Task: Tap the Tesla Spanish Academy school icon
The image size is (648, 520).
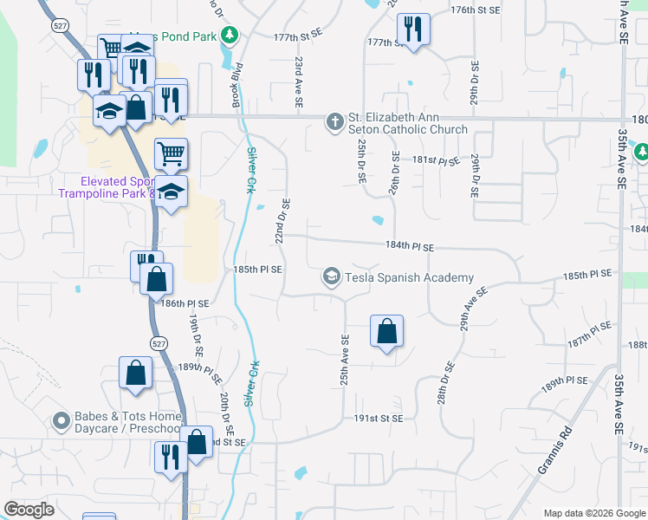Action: (331, 277)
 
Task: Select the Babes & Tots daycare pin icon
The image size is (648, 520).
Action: (61, 422)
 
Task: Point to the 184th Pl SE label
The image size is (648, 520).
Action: (410, 247)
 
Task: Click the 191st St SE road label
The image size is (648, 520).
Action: (379, 418)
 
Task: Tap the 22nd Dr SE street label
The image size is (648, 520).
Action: (282, 221)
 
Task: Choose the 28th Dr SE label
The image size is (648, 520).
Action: (446, 382)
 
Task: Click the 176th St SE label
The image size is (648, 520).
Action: (476, 10)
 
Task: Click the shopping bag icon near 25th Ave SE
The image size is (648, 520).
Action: (386, 330)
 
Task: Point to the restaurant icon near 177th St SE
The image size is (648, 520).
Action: (414, 29)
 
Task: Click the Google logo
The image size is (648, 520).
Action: (29, 510)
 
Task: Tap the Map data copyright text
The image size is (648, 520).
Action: (593, 513)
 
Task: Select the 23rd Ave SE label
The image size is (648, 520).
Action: (298, 82)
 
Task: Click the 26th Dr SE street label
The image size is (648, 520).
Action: (394, 174)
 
